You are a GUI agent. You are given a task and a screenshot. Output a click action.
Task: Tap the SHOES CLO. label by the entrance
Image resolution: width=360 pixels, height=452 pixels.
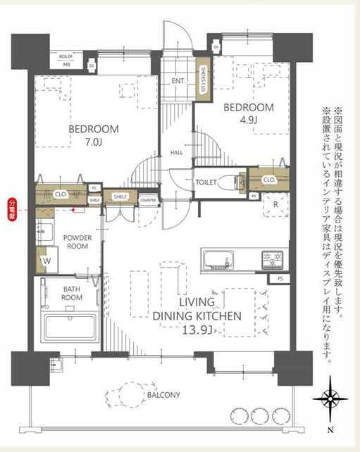[x=203, y=78]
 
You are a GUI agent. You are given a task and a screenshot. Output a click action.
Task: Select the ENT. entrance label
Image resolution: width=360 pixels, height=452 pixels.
[x=178, y=80]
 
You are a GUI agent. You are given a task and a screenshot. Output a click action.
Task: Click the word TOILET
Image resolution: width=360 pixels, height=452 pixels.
[x=206, y=181]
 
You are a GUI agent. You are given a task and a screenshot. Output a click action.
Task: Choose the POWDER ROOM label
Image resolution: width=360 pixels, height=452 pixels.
[x=75, y=242]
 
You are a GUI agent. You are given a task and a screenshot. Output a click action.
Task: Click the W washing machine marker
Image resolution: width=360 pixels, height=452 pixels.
[x=46, y=260]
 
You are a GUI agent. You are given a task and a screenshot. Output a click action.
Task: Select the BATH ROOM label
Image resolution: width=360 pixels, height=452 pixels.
[x=72, y=293]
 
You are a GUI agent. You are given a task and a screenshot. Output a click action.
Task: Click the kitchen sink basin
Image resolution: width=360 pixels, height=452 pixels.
[x=217, y=260]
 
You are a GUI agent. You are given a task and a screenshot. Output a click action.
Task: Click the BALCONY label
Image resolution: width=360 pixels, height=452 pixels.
[x=164, y=395]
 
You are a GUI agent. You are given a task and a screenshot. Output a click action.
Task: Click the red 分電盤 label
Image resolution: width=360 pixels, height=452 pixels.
[x=12, y=208]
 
